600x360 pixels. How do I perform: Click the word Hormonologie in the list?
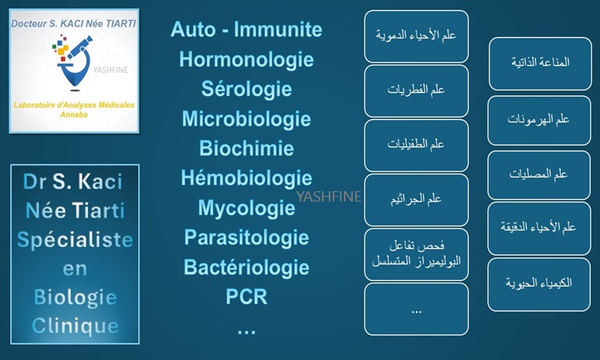click(x=246, y=60)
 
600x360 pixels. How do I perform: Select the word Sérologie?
click(x=246, y=89)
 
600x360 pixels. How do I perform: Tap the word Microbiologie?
click(x=246, y=118)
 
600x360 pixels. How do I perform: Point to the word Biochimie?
click(x=246, y=148)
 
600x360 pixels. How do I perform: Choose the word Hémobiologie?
click(x=246, y=178)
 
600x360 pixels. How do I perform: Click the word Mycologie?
click(x=246, y=208)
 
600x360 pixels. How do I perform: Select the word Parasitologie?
click(x=246, y=238)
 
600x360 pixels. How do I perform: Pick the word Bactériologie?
click(x=246, y=267)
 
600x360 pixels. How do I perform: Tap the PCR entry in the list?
click(x=246, y=297)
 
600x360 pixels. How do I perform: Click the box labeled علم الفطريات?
click(x=416, y=91)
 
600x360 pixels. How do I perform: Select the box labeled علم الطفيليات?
click(x=416, y=146)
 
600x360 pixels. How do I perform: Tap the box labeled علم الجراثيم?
click(x=416, y=200)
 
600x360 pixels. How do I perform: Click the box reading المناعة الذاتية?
click(x=540, y=63)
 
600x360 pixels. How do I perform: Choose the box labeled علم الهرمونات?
click(x=539, y=121)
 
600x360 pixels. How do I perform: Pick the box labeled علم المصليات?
click(x=538, y=175)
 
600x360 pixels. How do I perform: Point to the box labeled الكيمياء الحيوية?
click(x=539, y=284)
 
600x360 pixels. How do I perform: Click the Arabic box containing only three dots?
click(x=416, y=309)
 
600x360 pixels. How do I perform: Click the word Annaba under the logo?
click(x=74, y=114)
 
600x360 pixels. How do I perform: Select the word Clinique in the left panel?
click(x=75, y=326)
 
